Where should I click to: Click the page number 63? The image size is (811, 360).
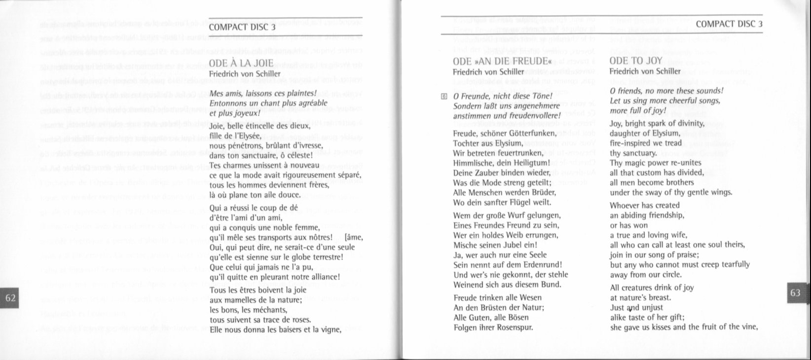click(795, 292)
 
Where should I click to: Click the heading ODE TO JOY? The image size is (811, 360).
click(636, 61)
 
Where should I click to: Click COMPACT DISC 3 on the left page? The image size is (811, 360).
click(242, 27)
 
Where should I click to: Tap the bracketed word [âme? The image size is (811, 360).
click(355, 237)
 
